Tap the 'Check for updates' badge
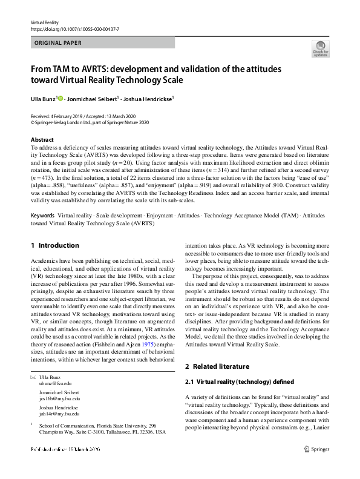[320, 49]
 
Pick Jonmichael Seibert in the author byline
[92, 97]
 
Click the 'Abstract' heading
[42, 140]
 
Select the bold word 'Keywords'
[42, 216]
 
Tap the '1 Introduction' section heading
[54, 245]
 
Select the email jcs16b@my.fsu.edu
[59, 399]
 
